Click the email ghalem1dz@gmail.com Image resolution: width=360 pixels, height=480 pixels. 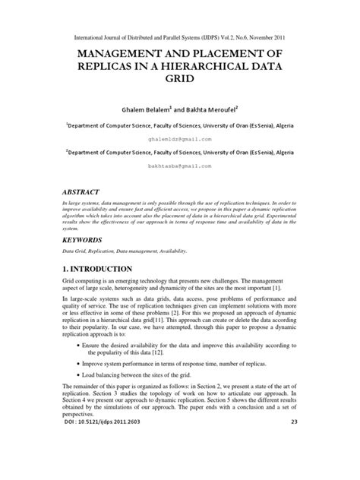[x=180, y=140]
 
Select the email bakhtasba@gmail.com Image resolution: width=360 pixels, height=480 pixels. [x=180, y=165]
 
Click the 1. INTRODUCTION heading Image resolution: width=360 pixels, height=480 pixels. [x=98, y=269]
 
